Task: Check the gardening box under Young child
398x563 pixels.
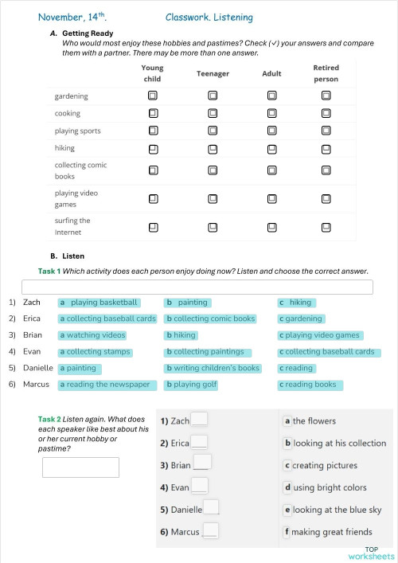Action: (152, 96)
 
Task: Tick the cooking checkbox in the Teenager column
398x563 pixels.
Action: (213, 113)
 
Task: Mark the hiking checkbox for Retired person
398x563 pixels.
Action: (326, 148)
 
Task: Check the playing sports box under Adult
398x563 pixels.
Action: (272, 131)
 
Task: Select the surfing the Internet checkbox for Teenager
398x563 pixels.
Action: (213, 227)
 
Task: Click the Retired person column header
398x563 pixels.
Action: (326, 73)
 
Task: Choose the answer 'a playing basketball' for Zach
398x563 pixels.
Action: (99, 303)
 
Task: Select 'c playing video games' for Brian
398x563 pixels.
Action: (320, 335)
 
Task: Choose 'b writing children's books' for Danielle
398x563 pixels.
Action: (213, 369)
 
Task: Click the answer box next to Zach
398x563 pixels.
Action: (199, 420)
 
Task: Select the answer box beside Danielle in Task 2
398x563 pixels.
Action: (211, 509)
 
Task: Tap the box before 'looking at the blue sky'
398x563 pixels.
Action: (287, 510)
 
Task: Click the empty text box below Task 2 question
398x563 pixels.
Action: (80, 467)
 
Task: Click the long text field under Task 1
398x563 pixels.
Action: (197, 287)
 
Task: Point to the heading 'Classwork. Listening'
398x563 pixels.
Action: (209, 17)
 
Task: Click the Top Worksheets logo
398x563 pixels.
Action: (371, 553)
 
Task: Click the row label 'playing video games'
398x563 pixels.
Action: (72, 198)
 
